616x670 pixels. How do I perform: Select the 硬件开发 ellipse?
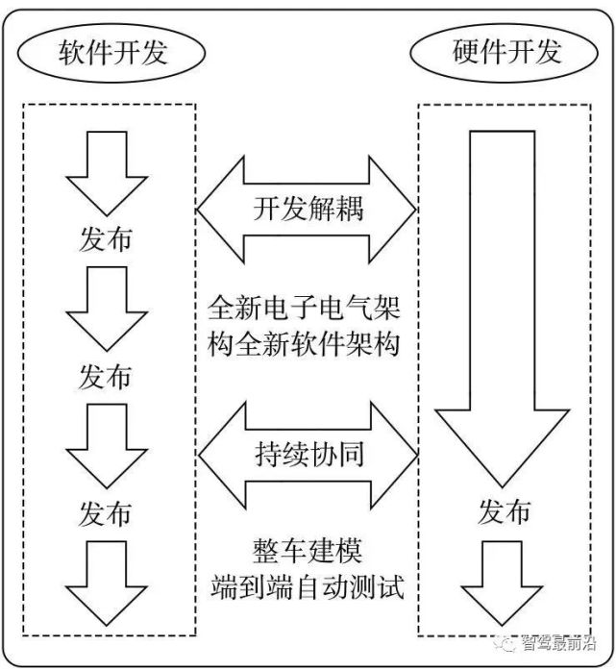(505, 53)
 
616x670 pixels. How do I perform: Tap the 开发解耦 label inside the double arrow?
(308, 209)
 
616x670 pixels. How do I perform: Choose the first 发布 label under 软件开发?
(106, 238)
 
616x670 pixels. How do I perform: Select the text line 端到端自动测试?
(308, 588)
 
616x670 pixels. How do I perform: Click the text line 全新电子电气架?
(308, 310)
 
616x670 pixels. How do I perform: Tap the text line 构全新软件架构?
(308, 344)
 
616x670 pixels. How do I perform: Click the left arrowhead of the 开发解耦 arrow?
(216, 209)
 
